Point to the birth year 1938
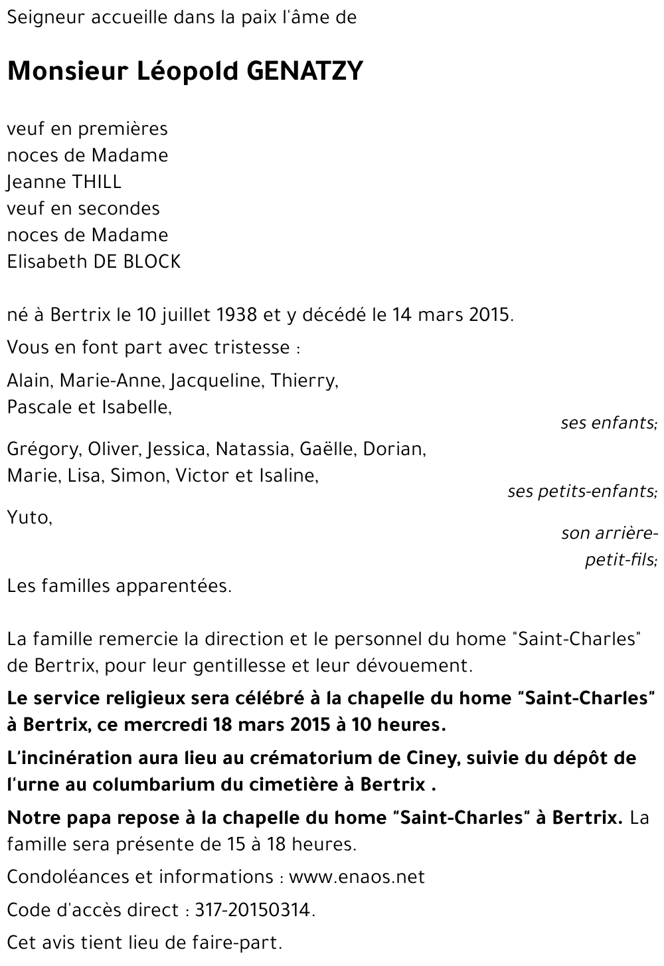[x=237, y=315]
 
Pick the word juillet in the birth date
[x=185, y=315]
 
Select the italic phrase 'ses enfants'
[x=608, y=423]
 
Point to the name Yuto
[x=29, y=517]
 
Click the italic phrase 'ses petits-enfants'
[x=582, y=492]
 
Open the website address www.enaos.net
[x=357, y=877]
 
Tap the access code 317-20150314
[x=253, y=910]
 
